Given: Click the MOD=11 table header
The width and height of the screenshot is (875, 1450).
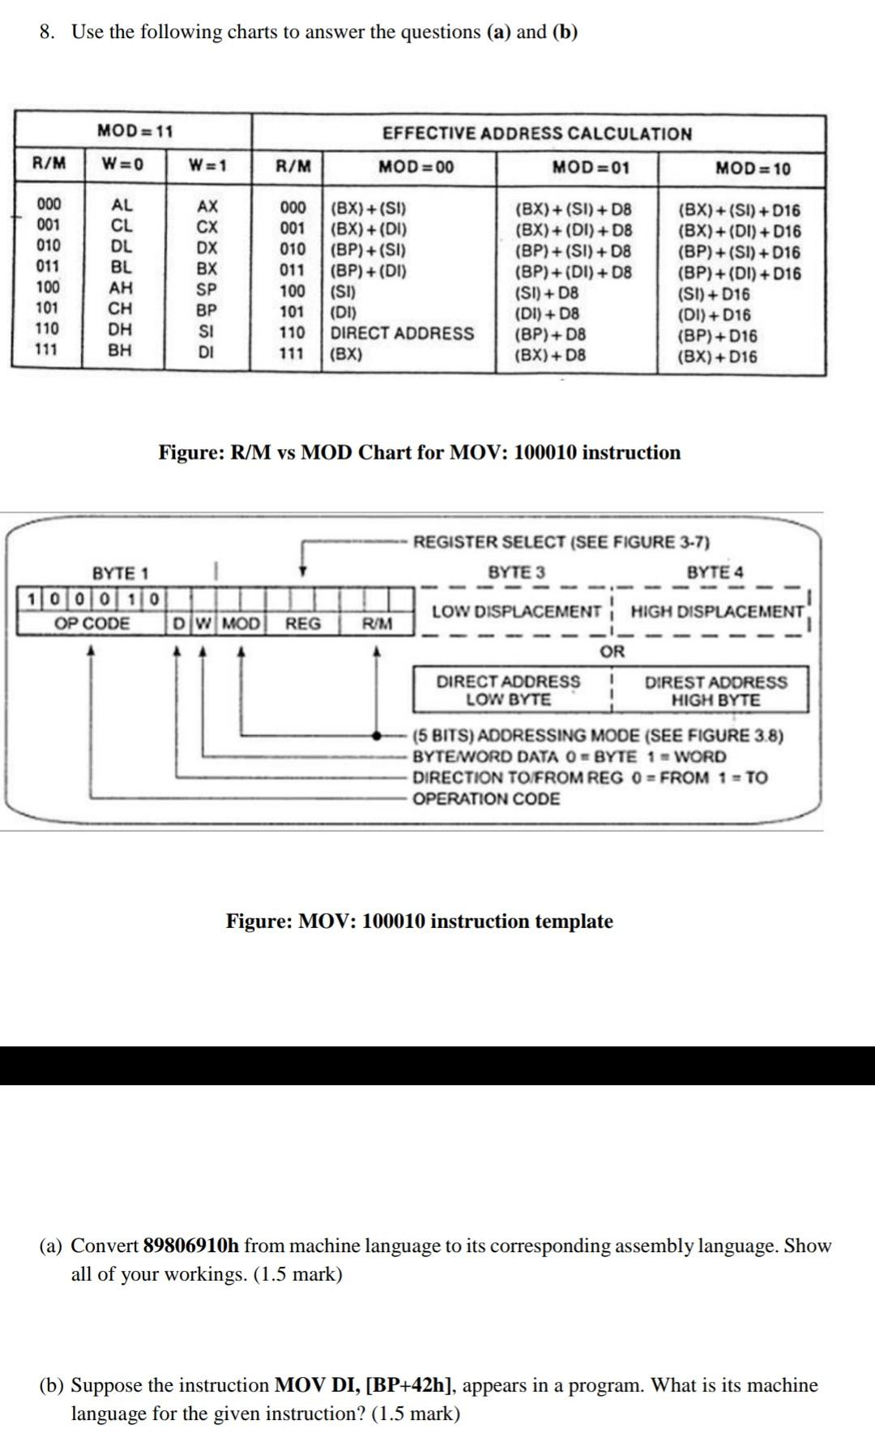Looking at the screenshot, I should [134, 130].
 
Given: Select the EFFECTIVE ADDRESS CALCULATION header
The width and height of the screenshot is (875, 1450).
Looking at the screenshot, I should [537, 134].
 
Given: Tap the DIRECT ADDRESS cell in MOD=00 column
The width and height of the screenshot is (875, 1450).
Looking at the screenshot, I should [402, 333].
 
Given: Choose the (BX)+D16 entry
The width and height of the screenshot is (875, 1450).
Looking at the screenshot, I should [717, 357].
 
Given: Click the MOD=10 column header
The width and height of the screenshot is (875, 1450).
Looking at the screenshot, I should [753, 169].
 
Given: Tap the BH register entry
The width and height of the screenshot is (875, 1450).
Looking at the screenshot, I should [121, 351].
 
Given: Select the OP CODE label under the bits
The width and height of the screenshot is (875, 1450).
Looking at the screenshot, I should [92, 623].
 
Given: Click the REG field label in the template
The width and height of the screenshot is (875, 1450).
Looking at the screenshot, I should [303, 623].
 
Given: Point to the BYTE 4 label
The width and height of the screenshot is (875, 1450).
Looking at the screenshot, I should [715, 572].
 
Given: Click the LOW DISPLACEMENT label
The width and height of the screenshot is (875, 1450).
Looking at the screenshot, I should [516, 611].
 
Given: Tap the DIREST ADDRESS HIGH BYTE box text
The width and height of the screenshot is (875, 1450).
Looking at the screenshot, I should [715, 691].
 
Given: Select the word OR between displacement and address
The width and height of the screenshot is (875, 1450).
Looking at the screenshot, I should [612, 651].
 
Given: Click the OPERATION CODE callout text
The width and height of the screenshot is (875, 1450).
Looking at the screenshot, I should [486, 798].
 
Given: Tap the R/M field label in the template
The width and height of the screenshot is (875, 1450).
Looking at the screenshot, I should [377, 623].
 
